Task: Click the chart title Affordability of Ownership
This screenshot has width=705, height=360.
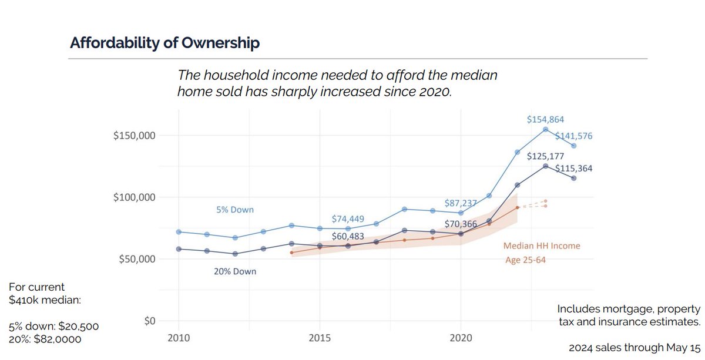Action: pos(164,43)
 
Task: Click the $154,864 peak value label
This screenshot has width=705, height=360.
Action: pos(545,119)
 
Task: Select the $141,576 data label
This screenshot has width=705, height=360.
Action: pos(573,136)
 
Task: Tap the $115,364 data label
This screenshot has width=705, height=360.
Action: pos(573,169)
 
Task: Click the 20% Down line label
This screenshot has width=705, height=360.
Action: pos(235,272)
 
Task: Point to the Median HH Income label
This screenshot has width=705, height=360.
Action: pos(542,246)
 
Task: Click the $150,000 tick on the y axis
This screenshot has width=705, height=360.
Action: pos(133,136)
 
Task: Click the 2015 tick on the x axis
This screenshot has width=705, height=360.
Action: pos(320,339)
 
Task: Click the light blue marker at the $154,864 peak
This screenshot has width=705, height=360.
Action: pos(546,129)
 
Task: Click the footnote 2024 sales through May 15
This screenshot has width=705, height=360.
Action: pos(634,347)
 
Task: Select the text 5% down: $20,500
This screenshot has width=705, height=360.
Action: pos(53,327)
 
